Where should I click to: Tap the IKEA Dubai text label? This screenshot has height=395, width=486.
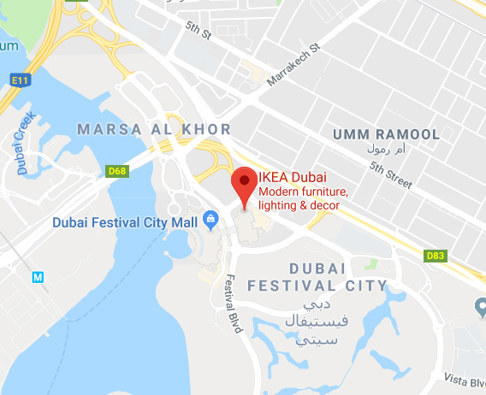click(x=291, y=177)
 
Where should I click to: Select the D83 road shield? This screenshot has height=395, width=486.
click(x=436, y=255)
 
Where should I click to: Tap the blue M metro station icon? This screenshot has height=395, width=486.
click(x=37, y=277)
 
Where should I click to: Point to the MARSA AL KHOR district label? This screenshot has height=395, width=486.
click(x=154, y=129)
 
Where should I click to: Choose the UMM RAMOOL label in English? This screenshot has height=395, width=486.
click(x=386, y=134)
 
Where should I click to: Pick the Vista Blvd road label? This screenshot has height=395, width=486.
click(x=464, y=377)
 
